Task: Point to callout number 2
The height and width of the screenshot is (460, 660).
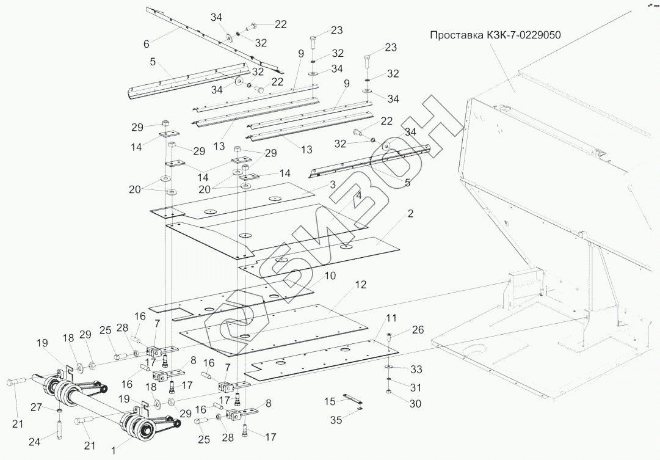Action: click(411, 214)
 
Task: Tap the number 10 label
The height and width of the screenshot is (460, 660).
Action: click(330, 276)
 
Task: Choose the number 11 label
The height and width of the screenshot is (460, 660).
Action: click(391, 318)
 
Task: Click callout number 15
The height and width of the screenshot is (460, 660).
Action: click(330, 401)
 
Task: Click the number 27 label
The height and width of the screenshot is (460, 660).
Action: click(36, 407)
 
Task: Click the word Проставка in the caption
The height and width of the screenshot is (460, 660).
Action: click(455, 35)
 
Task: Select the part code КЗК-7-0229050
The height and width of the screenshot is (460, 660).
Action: click(524, 35)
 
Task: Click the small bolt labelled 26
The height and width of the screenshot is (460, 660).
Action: click(390, 337)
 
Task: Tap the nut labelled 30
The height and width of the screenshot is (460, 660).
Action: click(390, 392)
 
